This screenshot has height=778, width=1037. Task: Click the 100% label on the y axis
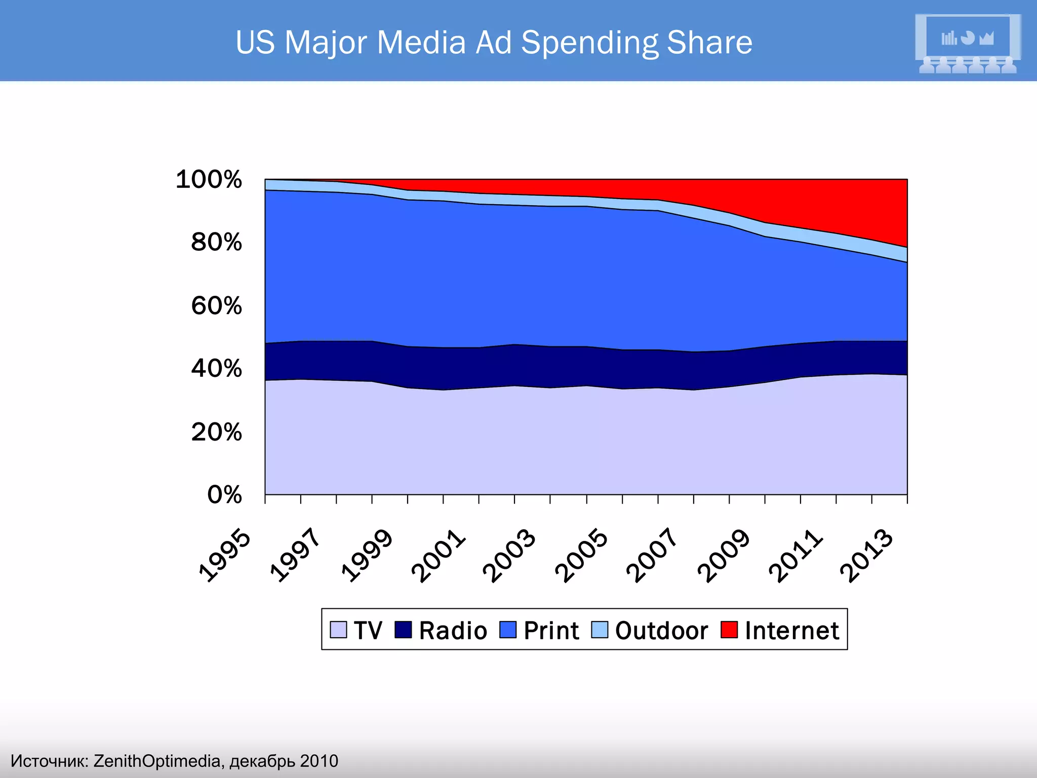(x=209, y=180)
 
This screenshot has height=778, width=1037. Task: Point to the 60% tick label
(x=216, y=306)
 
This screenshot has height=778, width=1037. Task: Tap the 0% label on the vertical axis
(x=224, y=495)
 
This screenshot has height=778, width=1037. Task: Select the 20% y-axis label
(x=216, y=433)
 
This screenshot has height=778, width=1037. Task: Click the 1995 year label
(x=225, y=555)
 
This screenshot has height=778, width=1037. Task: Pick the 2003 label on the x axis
(x=509, y=555)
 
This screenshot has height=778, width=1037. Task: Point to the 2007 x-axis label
(x=652, y=555)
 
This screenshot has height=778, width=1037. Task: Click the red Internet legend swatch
(x=729, y=630)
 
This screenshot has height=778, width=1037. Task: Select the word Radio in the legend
(x=453, y=631)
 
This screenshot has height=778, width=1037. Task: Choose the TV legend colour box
(x=338, y=630)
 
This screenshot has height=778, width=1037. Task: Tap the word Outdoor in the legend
(x=661, y=631)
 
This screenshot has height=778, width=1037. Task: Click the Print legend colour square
(x=507, y=630)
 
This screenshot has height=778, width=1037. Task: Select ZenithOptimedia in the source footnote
(x=157, y=761)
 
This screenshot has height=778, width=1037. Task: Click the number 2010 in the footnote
(x=318, y=761)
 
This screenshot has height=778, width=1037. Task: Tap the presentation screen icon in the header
(x=968, y=43)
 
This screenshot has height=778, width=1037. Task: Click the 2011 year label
(x=795, y=555)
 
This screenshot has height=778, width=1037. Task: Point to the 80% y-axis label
(x=216, y=243)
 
